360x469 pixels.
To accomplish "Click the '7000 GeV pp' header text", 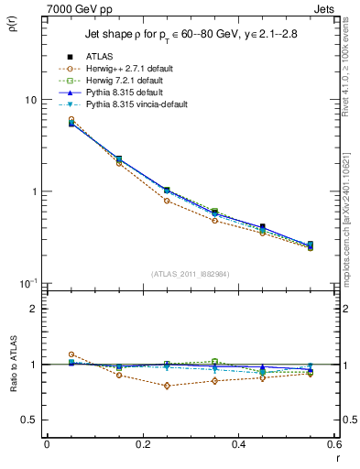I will pyautogui.click(x=75, y=8).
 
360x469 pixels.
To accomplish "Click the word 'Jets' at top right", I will pyautogui.click(x=325, y=8).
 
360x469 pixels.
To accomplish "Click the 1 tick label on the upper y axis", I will pyautogui.click(x=33, y=192).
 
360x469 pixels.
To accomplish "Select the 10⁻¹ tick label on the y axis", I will pyautogui.click(x=27, y=283).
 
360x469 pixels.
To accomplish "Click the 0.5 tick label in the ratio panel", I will pyautogui.click(x=29, y=420).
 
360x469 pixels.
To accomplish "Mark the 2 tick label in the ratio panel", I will pyautogui.click(x=33, y=309).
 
